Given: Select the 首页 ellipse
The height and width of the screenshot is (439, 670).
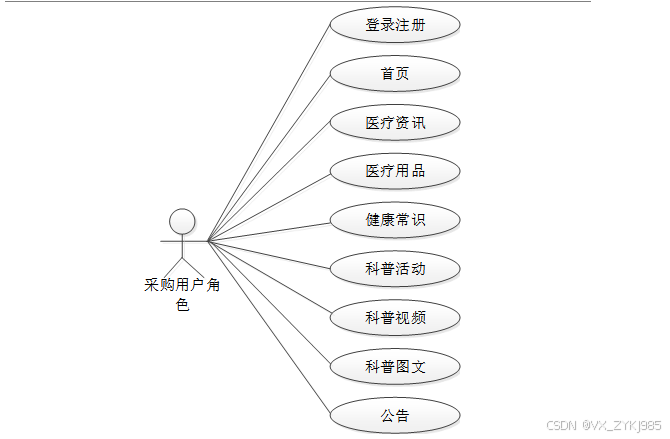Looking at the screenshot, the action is click(395, 74).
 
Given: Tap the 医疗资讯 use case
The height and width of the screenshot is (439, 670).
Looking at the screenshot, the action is click(395, 123).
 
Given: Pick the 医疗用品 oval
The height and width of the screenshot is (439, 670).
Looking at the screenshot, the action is click(395, 171).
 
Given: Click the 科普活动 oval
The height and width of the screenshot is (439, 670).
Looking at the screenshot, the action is click(395, 268).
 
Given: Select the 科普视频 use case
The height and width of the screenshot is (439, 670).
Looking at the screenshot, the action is click(395, 317).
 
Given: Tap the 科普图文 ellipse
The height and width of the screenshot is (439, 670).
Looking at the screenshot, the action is click(395, 366).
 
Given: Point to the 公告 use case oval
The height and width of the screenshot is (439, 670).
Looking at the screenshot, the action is click(395, 414).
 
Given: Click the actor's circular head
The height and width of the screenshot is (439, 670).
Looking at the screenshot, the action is click(182, 220).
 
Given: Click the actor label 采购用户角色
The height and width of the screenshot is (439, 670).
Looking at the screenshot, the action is click(182, 286).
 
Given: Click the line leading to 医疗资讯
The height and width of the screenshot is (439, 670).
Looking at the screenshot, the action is click(269, 181).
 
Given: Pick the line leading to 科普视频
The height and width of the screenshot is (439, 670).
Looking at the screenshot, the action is click(269, 279).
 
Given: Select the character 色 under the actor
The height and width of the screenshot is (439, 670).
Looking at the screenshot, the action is click(182, 305).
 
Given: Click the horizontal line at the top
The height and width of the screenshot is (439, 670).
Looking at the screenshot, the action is click(300, 2).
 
